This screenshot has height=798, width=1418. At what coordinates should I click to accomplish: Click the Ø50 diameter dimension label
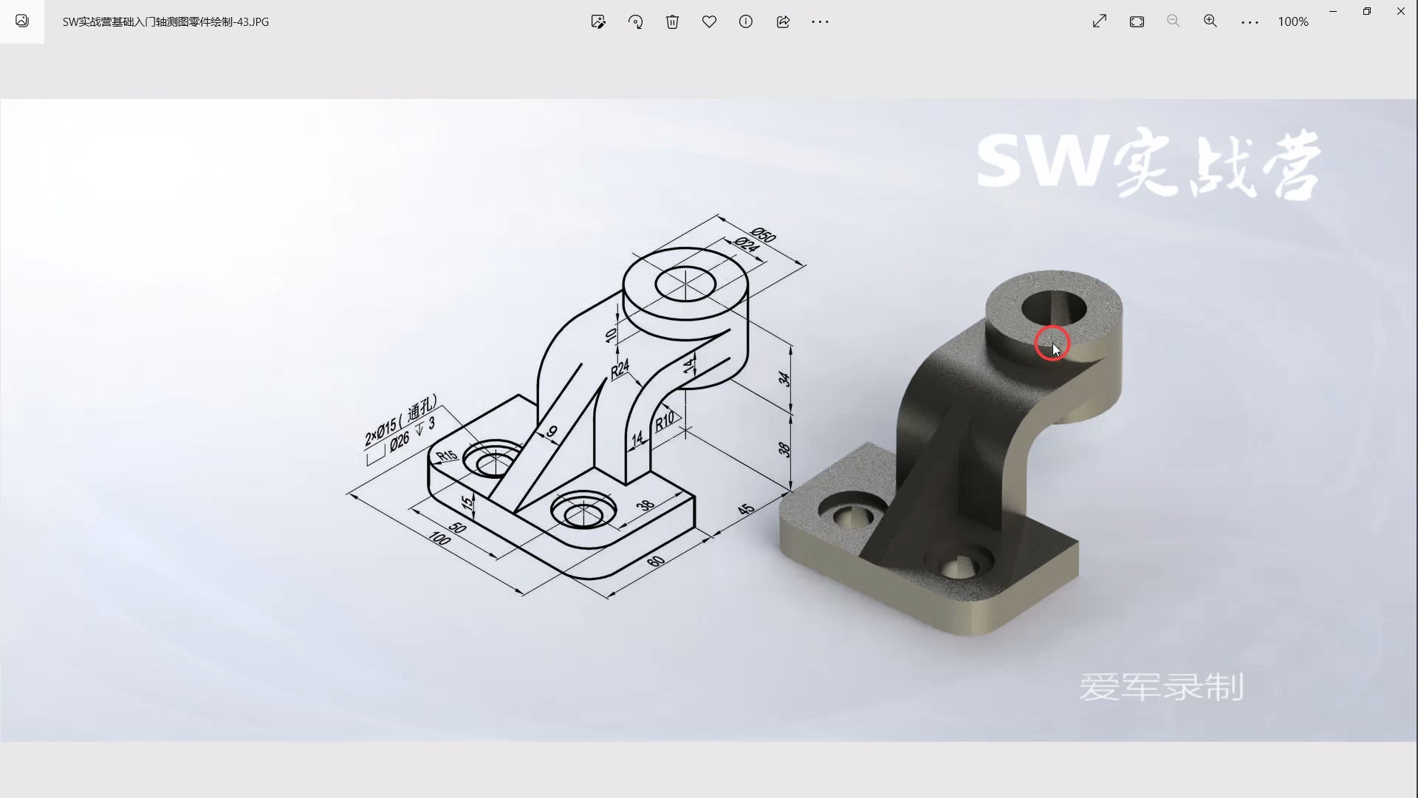click(x=764, y=235)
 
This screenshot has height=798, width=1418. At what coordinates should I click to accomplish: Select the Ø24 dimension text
click(x=746, y=245)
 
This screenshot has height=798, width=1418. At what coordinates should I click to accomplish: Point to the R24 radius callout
click(x=620, y=368)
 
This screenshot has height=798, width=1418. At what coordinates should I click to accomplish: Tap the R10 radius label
click(x=664, y=421)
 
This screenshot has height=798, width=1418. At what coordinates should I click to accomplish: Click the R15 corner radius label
click(x=446, y=455)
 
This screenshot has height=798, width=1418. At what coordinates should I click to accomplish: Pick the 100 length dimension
click(x=439, y=539)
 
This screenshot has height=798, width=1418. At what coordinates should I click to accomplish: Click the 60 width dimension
click(x=655, y=562)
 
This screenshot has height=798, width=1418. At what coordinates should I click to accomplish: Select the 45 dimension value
click(x=746, y=509)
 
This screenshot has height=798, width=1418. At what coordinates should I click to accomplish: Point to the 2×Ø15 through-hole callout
click(x=400, y=421)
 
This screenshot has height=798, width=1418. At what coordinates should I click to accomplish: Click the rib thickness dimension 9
click(x=552, y=432)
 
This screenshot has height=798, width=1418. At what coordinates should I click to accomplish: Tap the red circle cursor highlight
click(x=1052, y=344)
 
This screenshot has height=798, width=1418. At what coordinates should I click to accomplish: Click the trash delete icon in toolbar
click(x=672, y=21)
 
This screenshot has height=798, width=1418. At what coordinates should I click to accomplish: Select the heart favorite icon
click(x=709, y=21)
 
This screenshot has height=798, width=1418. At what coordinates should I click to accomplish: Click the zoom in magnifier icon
click(x=1210, y=21)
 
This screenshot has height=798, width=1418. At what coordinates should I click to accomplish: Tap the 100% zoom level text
click(x=1292, y=21)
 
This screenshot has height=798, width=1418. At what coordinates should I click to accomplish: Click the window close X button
click(x=1400, y=11)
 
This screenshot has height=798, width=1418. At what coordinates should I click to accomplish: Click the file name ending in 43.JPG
click(x=165, y=21)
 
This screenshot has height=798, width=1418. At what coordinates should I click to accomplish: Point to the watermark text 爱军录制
click(x=1161, y=687)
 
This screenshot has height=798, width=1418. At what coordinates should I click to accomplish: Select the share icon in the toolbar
click(x=783, y=21)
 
